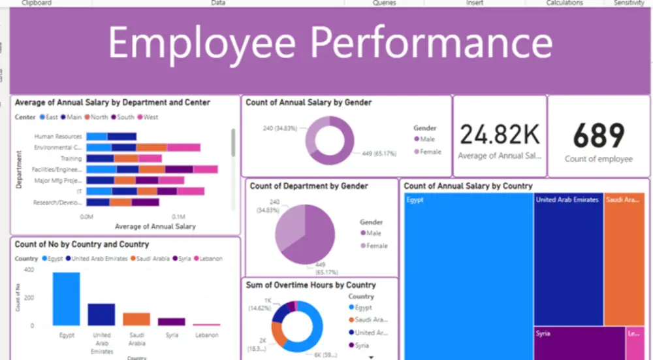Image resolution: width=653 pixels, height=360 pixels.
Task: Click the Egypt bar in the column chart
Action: coord(66,299)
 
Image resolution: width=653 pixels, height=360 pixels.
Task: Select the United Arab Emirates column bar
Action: coord(101,314)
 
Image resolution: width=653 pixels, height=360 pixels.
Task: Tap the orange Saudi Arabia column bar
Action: coord(136,319)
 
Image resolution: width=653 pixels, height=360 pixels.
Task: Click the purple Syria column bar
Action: coord(172,321)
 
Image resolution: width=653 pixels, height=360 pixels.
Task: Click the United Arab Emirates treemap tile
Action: coord(568,261)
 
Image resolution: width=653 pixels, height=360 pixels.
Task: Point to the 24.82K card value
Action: coord(500,135)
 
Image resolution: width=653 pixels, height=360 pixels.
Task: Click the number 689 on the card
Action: coord(599,135)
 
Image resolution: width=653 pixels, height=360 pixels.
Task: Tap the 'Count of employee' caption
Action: coord(599,159)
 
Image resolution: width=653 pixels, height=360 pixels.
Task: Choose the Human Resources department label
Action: coord(59,137)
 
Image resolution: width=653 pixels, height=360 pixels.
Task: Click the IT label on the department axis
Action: coord(79,191)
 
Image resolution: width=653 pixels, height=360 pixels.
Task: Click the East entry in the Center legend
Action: coord(50,118)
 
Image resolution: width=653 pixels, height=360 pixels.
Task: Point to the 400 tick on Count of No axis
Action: coord(29,269)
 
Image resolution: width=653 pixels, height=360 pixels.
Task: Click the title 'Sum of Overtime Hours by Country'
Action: coord(311,285)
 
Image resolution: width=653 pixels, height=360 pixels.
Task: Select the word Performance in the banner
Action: coord(431,42)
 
